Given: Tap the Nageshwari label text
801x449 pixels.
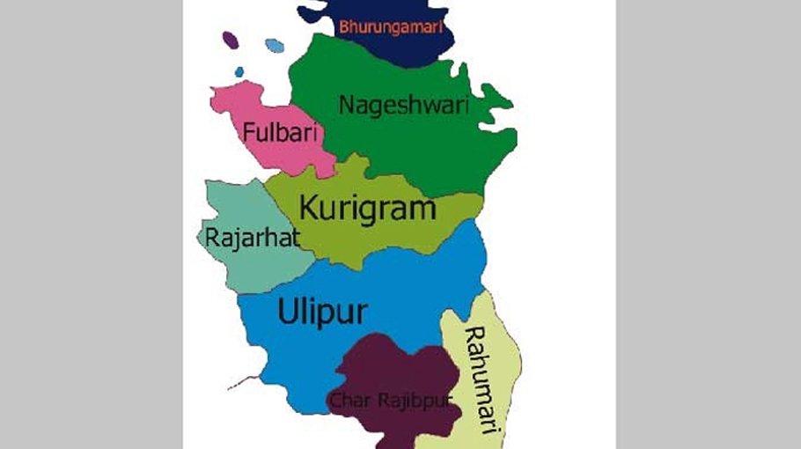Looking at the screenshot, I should click(404, 106).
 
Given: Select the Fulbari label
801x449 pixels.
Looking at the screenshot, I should click(279, 135).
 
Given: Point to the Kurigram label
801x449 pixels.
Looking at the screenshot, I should click(368, 209).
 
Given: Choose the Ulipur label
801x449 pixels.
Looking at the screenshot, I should click(322, 311).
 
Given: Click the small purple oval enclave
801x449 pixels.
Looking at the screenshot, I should click(231, 40).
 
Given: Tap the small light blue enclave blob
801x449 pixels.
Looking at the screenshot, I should click(275, 45).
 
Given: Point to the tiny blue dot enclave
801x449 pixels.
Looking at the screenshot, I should click(239, 72).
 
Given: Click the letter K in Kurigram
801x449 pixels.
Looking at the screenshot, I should click(309, 209).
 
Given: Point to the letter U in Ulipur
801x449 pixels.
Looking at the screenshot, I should click(287, 311).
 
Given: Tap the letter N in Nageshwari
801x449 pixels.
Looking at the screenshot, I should click(346, 106).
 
